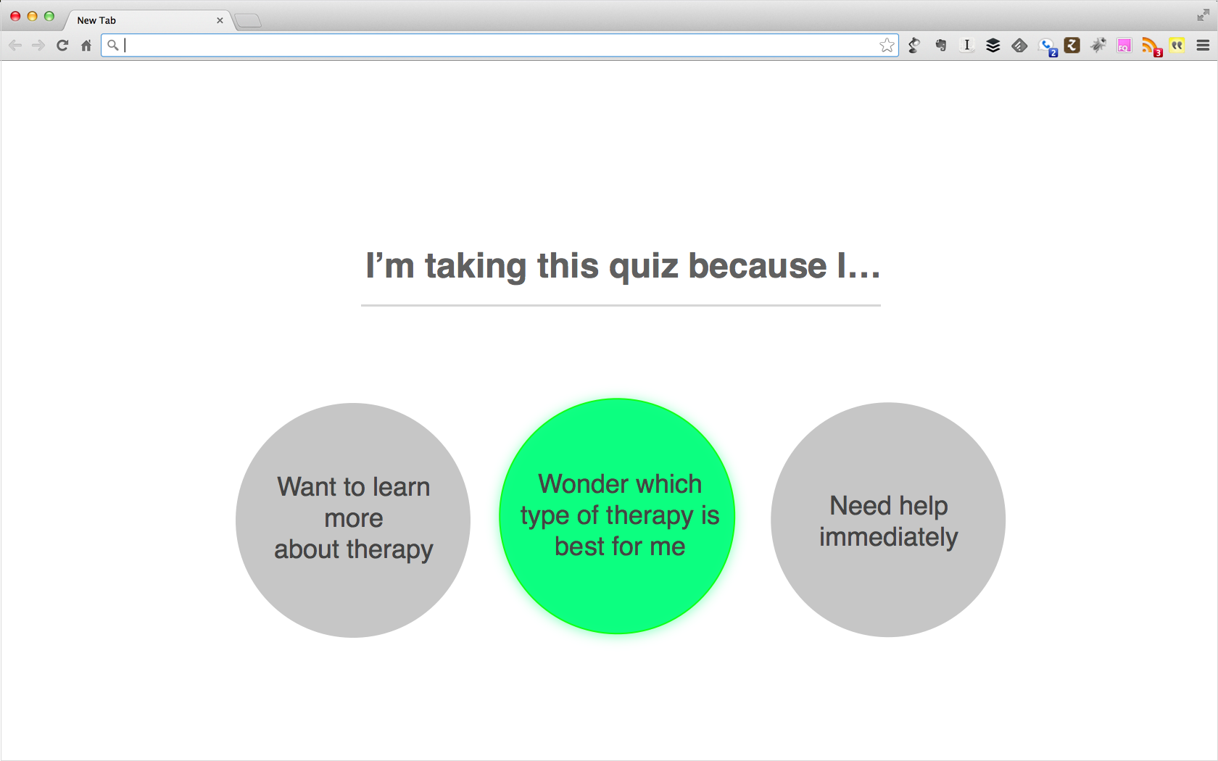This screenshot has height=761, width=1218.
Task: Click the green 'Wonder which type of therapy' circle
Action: (x=617, y=516)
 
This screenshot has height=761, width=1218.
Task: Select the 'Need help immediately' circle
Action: (x=888, y=520)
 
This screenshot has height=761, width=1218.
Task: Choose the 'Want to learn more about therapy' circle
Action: (x=353, y=520)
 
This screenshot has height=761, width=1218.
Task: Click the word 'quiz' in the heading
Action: (x=644, y=266)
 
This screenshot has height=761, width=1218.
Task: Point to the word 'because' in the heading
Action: (x=757, y=266)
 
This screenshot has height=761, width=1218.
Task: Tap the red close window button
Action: (x=15, y=16)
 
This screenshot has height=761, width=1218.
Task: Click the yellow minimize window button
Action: (x=32, y=16)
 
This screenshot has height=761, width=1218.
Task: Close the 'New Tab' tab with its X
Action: (x=220, y=20)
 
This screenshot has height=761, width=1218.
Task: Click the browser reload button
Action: (x=62, y=46)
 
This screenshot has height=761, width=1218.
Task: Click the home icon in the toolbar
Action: (x=86, y=46)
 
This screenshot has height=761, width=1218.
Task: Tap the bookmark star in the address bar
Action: (x=887, y=46)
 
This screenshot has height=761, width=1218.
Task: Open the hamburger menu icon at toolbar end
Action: (x=1203, y=46)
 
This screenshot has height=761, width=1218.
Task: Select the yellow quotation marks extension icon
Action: (x=1177, y=46)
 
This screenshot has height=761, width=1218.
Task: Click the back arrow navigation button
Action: (x=15, y=46)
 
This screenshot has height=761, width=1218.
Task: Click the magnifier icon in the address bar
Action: (x=112, y=46)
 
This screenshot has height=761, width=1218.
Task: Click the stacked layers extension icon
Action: (x=993, y=46)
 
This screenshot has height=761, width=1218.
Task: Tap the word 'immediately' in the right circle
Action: (x=888, y=537)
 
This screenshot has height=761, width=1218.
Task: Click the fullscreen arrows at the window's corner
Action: (x=1203, y=15)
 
